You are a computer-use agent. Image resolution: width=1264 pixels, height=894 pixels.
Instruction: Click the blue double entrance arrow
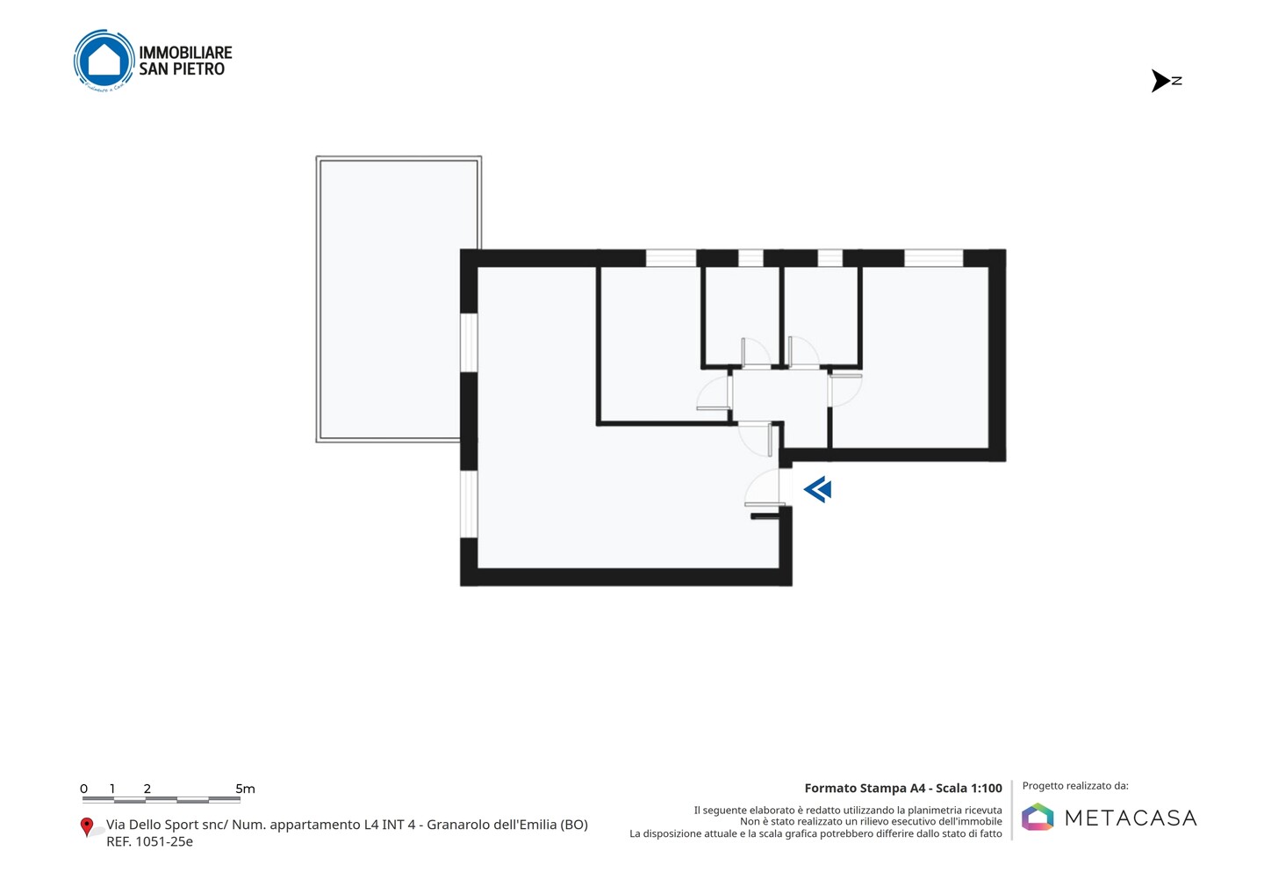[818, 489]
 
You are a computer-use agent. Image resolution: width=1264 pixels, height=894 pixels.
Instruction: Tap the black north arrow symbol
[1160, 81]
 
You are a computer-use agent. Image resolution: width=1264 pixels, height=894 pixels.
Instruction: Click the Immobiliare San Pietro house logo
[104, 61]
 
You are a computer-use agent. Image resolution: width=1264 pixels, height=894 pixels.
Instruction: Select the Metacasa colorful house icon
[1038, 817]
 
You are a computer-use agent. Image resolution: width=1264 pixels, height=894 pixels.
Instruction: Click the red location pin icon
[86, 827]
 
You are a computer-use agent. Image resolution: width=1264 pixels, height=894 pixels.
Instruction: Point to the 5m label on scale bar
[246, 789]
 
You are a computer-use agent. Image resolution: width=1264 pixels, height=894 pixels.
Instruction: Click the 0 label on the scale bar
[84, 789]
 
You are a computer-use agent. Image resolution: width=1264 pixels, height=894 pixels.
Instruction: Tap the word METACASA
[1131, 818]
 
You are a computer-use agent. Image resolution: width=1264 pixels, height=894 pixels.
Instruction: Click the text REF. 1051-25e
[149, 841]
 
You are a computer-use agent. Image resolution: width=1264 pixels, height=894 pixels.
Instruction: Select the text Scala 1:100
[969, 788]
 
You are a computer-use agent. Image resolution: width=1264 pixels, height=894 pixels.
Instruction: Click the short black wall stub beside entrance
[765, 516]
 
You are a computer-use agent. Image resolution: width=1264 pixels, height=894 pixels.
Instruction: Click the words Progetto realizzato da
[1075, 786]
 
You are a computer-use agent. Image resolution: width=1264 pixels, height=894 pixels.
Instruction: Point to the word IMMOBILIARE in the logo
[186, 53]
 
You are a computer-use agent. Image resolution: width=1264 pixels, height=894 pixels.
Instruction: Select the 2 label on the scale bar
[147, 789]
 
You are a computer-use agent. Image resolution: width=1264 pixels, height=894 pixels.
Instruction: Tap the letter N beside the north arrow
[1176, 81]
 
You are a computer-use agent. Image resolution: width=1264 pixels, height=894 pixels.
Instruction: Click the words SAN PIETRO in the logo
[182, 68]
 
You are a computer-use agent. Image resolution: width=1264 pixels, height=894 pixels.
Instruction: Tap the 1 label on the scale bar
[112, 789]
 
